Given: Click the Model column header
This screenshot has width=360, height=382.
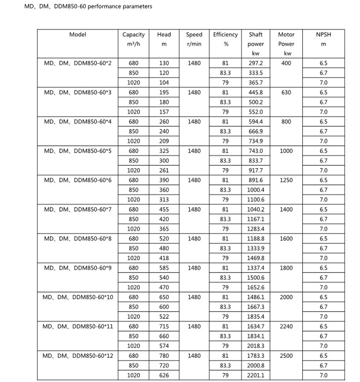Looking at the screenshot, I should coord(77,35).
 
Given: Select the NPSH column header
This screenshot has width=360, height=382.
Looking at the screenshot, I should coord(323,35).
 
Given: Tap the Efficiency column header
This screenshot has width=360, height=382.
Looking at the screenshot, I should coord(225,35).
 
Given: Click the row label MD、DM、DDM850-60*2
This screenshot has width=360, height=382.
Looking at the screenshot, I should coord(78,63).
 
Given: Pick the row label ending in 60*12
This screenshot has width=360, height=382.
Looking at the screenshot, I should coord(78,356).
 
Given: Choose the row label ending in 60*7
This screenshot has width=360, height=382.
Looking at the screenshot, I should coord(78,209).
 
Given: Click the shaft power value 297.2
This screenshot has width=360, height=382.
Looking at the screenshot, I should coord(256,63).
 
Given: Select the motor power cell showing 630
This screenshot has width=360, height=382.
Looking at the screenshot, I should coord(286,92).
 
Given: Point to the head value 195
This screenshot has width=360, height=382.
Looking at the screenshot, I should coord(164,92).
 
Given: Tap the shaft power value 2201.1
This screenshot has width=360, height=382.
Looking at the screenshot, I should coord(256,375).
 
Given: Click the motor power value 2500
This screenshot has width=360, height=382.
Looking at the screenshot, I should coord(286,356).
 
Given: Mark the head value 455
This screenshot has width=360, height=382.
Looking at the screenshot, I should coord(164,209).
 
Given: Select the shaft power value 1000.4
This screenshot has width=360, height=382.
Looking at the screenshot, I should coord(256,190).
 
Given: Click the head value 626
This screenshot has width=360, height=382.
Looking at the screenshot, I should coord(164,375).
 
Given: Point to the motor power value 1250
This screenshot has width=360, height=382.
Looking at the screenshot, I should coord(286,180).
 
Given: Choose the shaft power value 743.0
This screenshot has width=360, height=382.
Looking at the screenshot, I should coord(256,151).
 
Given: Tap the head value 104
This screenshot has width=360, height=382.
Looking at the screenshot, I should coord(164,83).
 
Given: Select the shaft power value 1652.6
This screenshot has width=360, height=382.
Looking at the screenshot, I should coord(256,287).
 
